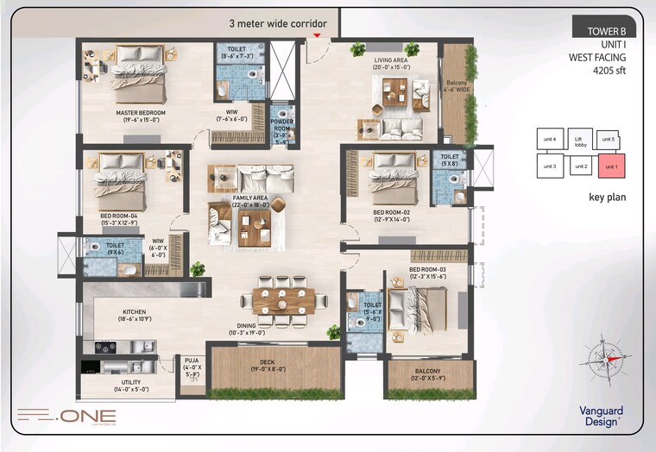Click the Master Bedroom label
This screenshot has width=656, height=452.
pos(141,113)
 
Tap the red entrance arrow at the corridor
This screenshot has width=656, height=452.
pos(318,35)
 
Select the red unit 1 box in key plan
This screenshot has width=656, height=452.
pos(610,165)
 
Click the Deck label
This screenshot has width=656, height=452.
pos(267,362)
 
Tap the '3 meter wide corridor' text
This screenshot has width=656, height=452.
pos(278,23)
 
